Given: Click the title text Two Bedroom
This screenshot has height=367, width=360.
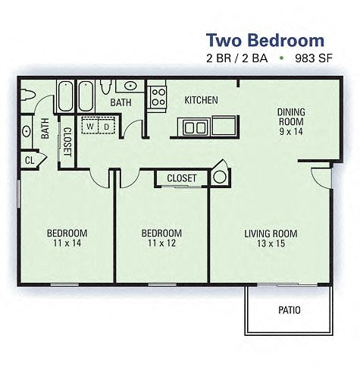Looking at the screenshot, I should point(265,40).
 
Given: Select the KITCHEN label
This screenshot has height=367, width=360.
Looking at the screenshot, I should point(202,100).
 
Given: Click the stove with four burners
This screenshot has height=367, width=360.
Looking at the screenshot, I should point(158,96).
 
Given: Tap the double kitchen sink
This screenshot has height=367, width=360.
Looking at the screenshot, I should point(195,127).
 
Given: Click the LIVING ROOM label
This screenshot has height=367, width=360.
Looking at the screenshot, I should point(271,234).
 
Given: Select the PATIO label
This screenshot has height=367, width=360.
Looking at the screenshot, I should point(289,310).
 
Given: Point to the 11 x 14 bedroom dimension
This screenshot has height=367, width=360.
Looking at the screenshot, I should point(67,243).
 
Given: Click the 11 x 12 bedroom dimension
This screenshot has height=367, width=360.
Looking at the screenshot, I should point(162,243).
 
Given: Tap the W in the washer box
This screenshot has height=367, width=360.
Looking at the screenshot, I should point(90,126).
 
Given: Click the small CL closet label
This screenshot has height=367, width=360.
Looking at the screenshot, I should point(30,160).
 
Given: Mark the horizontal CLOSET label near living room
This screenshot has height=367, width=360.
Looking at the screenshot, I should point(182,178).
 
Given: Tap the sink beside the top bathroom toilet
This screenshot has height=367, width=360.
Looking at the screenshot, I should point(131,86).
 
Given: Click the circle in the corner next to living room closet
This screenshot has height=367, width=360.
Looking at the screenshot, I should point(219,177).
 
